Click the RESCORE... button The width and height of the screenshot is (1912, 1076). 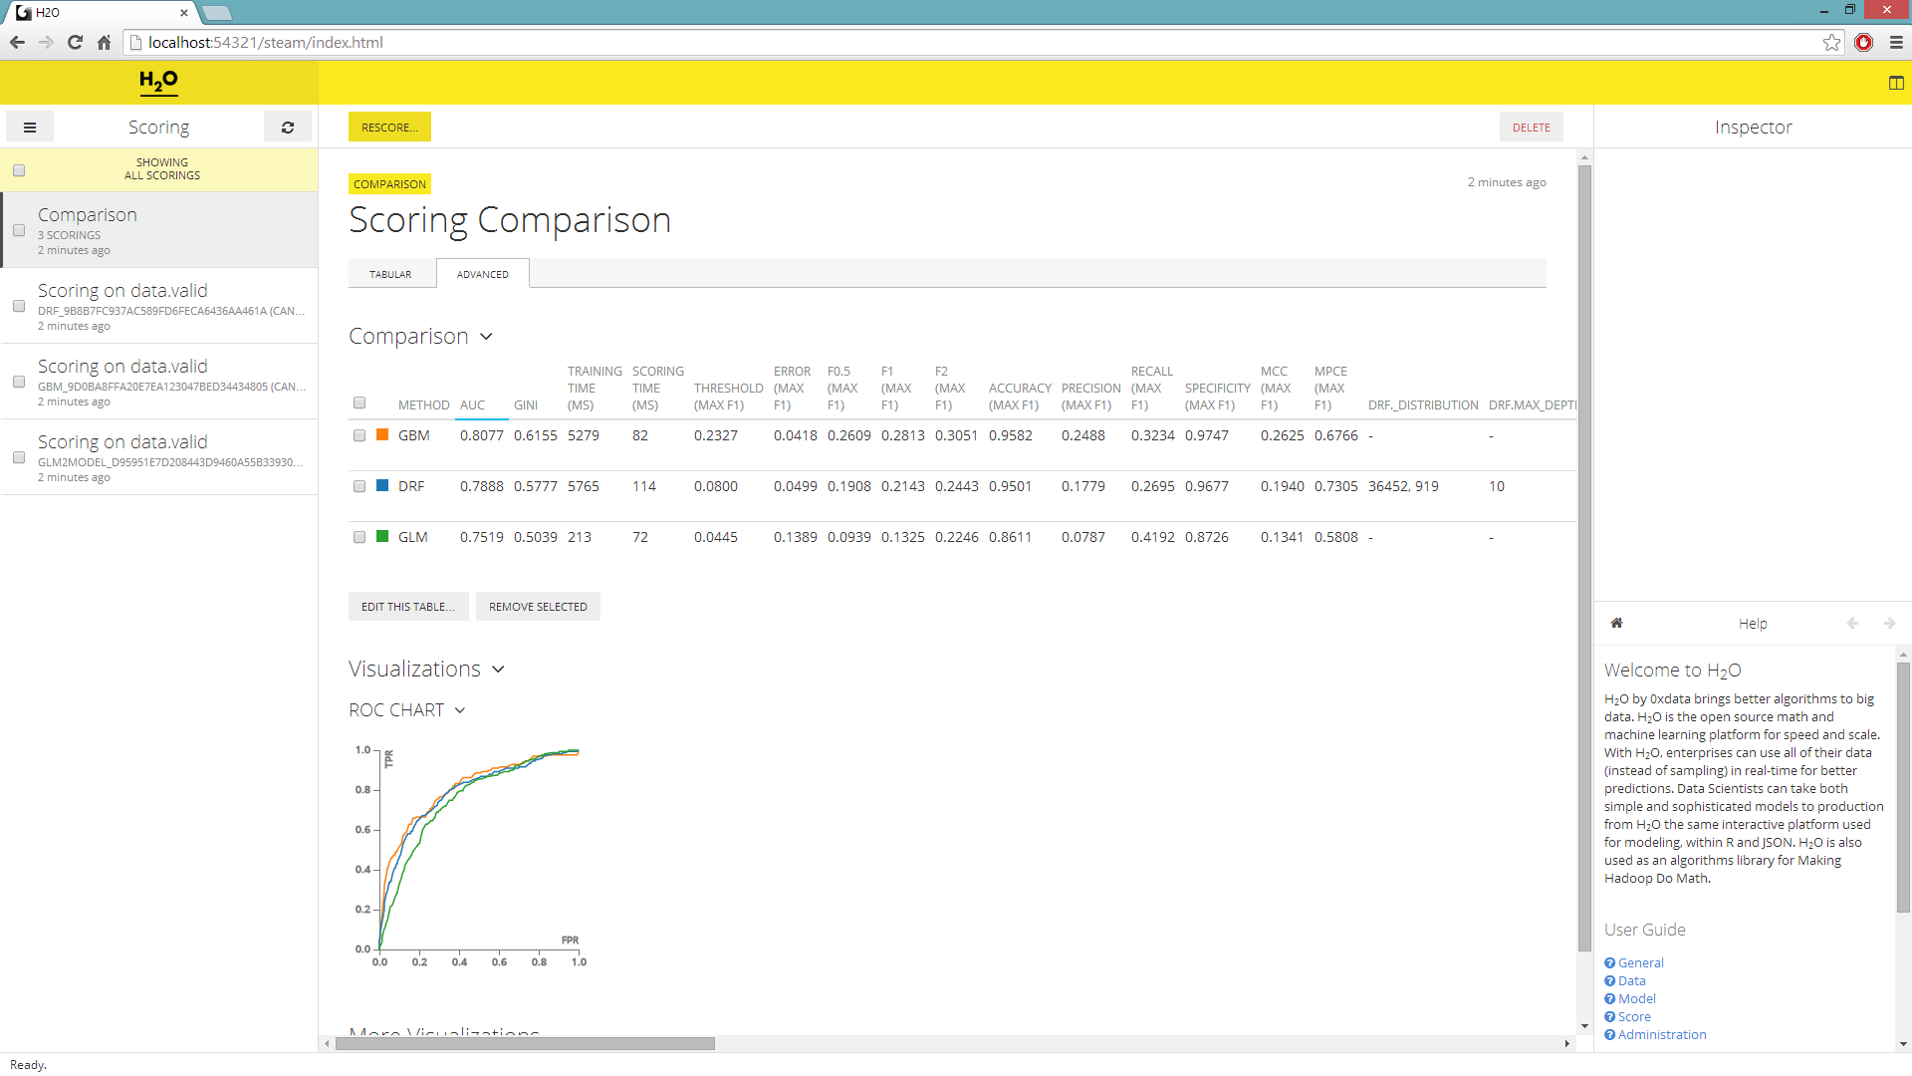(x=389, y=128)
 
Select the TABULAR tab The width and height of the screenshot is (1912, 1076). (x=390, y=274)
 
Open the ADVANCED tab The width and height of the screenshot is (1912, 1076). (x=482, y=274)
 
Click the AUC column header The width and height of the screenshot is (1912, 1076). (x=472, y=405)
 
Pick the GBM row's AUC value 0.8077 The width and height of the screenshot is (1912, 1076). (x=481, y=436)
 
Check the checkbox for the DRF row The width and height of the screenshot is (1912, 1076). (x=359, y=487)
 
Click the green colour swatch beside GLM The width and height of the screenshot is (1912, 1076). (x=382, y=537)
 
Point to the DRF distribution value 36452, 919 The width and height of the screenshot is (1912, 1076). (x=1403, y=487)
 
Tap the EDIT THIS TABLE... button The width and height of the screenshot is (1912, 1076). (x=408, y=607)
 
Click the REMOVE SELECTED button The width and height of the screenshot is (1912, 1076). (x=538, y=607)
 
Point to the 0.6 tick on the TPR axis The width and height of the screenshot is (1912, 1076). (x=363, y=830)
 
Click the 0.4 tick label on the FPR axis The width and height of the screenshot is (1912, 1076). (x=459, y=962)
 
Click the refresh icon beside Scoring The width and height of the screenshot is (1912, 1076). (x=288, y=128)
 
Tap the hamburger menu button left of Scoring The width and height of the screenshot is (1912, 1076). (x=30, y=128)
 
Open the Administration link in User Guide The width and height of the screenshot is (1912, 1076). (x=1661, y=1035)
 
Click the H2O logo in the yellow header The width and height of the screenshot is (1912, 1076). (x=159, y=82)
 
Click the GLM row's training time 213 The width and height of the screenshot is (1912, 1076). (x=580, y=538)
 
